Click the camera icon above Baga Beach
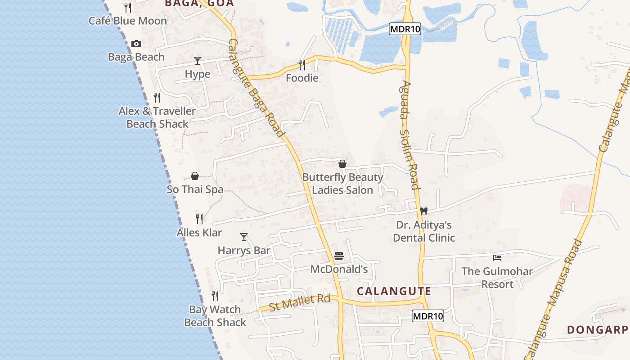136,44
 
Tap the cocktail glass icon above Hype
198,61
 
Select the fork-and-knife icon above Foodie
302,65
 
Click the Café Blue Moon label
128,21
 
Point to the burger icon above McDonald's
339,256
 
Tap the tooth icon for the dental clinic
423,211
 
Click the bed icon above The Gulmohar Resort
497,258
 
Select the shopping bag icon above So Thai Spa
195,176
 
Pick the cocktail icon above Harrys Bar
244,237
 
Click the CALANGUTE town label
394,291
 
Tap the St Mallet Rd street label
300,302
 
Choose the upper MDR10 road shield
405,29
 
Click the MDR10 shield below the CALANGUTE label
428,316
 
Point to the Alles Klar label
199,233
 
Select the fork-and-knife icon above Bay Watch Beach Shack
215,296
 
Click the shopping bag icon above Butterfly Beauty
342,164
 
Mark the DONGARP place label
598,330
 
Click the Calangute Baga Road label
256,88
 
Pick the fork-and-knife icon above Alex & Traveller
157,97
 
